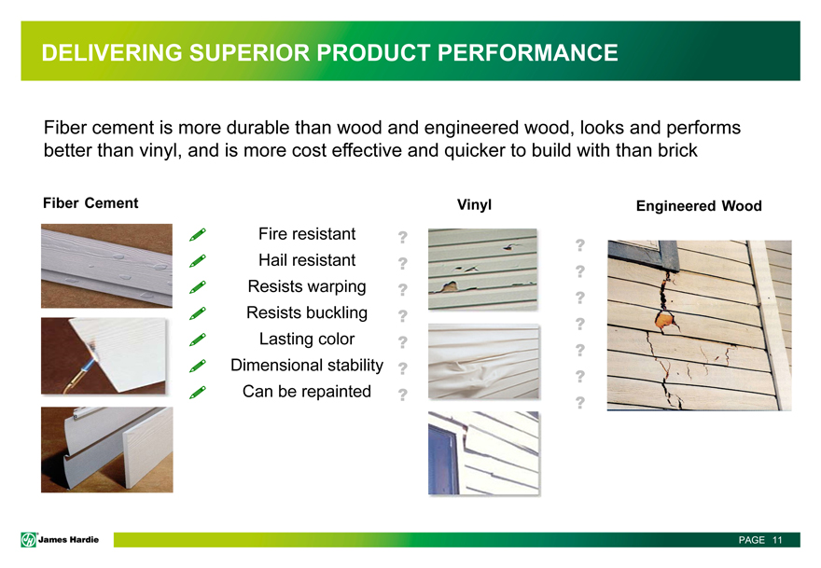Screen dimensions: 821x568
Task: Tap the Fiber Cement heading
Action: coord(90,203)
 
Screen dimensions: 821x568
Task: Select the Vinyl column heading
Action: coord(474,204)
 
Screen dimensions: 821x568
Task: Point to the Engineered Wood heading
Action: coord(699,206)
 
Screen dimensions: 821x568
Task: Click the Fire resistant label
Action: coord(307,233)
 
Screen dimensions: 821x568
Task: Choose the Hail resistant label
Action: coord(307,259)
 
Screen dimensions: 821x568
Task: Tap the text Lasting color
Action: coord(307,339)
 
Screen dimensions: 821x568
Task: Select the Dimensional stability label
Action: coord(307,365)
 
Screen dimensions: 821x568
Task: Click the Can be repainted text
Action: coord(307,391)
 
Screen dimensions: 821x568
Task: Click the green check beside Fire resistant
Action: coord(198,234)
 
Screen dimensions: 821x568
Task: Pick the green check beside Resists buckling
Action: coord(198,313)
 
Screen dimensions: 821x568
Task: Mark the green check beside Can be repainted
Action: coord(198,392)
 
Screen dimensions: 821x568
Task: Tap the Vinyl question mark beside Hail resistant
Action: coord(402,263)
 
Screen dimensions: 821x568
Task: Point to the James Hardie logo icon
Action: coord(28,540)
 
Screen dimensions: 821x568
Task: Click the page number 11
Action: coord(777,540)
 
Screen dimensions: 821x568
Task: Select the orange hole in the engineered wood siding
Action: coord(664,319)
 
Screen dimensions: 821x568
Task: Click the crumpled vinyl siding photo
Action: coord(484,362)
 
